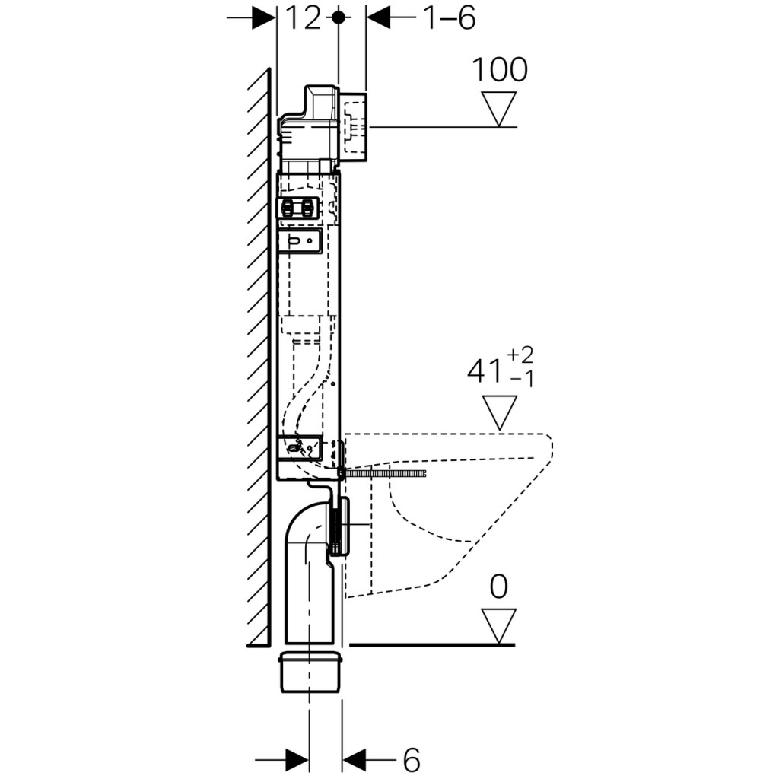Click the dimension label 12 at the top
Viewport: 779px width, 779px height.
[303, 17]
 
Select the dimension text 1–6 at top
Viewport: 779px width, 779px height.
[449, 17]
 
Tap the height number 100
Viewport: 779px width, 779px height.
[500, 69]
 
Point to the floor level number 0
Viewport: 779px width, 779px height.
[499, 587]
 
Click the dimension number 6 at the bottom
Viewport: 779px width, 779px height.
[410, 758]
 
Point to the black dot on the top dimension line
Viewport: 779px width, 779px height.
[339, 17]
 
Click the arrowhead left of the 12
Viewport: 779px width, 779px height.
[263, 17]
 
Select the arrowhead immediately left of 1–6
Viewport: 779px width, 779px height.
[378, 17]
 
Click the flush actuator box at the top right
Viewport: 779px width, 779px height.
[353, 127]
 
